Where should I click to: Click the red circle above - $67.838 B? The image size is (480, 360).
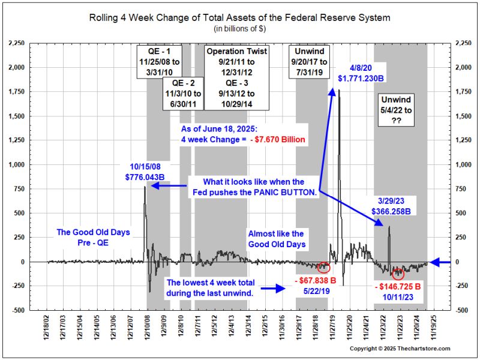click(324, 266)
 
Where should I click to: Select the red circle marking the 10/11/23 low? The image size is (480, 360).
click(398, 274)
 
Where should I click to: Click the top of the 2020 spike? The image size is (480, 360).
click(339, 91)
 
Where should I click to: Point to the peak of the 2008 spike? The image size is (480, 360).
click(145, 187)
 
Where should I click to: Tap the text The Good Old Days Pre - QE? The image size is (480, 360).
click(93, 237)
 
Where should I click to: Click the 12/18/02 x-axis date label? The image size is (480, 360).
click(47, 328)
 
